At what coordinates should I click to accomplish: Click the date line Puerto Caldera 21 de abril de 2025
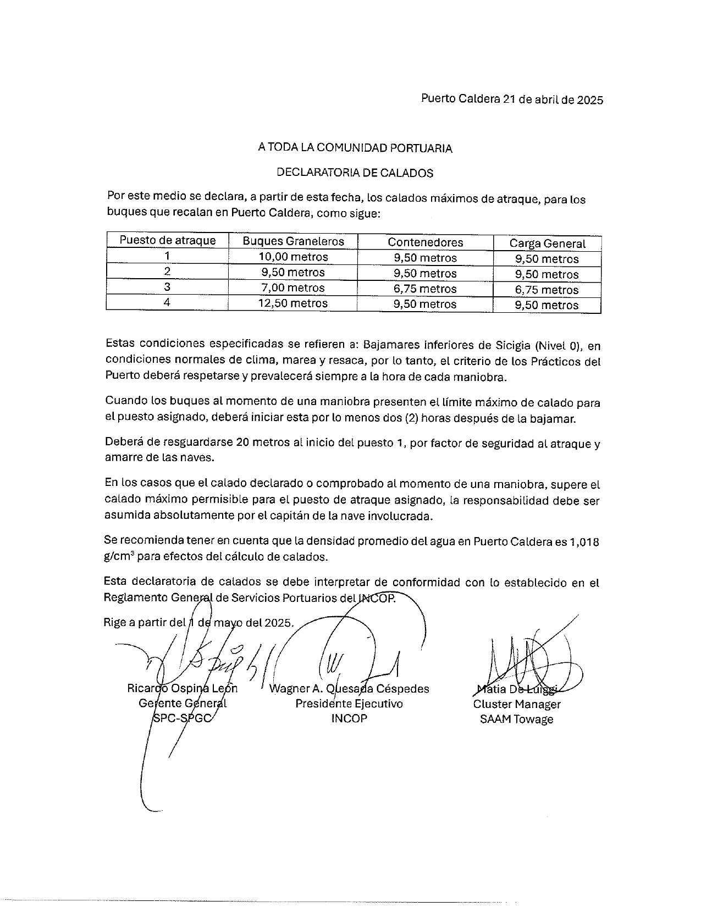click(x=512, y=99)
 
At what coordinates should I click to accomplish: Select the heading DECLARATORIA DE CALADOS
click(x=355, y=173)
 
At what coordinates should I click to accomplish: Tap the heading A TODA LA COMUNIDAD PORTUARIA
click(x=355, y=148)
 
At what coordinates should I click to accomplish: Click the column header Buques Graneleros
click(x=293, y=241)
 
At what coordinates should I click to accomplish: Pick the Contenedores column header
click(x=425, y=242)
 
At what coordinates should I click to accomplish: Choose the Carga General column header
click(x=547, y=244)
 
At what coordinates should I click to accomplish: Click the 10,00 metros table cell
click(x=293, y=257)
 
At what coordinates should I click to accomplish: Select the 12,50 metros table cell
click(x=293, y=303)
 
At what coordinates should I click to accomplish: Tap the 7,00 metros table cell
click(x=293, y=288)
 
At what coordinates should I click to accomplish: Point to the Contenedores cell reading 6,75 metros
click(x=425, y=289)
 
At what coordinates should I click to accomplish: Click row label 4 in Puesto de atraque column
click(x=167, y=302)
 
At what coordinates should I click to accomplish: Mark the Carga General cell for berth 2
click(x=547, y=274)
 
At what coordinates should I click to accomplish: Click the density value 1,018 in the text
click(x=584, y=542)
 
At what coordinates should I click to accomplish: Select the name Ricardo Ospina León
click(x=183, y=688)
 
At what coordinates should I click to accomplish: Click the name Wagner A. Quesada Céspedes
click(x=349, y=689)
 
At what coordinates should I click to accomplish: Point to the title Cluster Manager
click(x=517, y=704)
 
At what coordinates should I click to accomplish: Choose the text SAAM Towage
click(x=516, y=720)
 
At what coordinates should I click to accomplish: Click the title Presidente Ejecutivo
click(x=349, y=704)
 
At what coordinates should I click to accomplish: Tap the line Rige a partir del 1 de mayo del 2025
click(x=199, y=623)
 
